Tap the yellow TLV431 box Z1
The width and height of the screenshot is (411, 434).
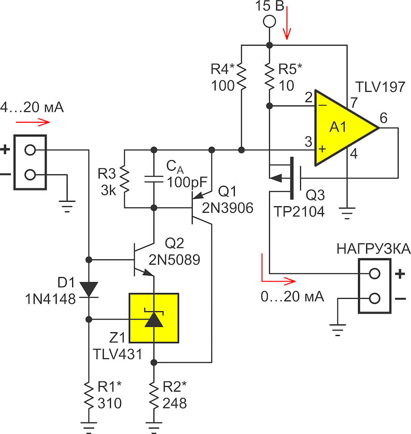pyautogui.click(x=154, y=318)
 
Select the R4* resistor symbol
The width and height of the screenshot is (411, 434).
pyautogui.click(x=242, y=77)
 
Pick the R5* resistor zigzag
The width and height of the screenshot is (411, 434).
pyautogui.click(x=269, y=77)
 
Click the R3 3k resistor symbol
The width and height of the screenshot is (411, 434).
pyautogui.click(x=124, y=179)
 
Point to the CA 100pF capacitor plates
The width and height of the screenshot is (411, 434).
pyautogui.click(x=154, y=179)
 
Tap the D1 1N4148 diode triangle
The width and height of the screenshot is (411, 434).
pyautogui.click(x=89, y=289)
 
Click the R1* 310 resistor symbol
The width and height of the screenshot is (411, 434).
pyautogui.click(x=89, y=395)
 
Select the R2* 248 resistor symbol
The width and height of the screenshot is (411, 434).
pyautogui.click(x=154, y=395)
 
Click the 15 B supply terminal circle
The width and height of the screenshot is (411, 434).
pyautogui.click(x=269, y=21)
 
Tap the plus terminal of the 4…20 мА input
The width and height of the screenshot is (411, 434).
pyautogui.click(x=30, y=150)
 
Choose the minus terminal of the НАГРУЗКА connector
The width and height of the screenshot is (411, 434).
pyautogui.click(x=374, y=298)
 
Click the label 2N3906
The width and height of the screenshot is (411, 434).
pyautogui.click(x=227, y=208)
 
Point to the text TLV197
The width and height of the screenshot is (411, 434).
pyautogui.click(x=380, y=87)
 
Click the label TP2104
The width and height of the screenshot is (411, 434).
pyautogui.click(x=299, y=212)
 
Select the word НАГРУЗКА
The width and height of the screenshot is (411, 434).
pyautogui.click(x=374, y=249)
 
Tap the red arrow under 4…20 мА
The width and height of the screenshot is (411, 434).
pyautogui.click(x=33, y=122)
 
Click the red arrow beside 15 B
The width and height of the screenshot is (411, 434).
pyautogui.click(x=287, y=23)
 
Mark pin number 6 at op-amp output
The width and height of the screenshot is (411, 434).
pyautogui.click(x=384, y=118)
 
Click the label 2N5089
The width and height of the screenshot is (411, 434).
pyautogui.click(x=174, y=260)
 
